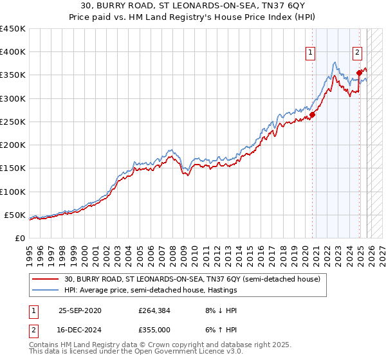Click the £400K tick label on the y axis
(12, 52)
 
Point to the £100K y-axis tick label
(12, 192)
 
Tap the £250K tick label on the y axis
(12, 122)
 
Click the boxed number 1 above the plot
(311, 53)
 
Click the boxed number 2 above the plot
(357, 53)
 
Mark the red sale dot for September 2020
(312, 115)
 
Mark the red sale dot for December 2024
(359, 73)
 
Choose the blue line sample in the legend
(46, 290)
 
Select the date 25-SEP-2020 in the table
(80, 310)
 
